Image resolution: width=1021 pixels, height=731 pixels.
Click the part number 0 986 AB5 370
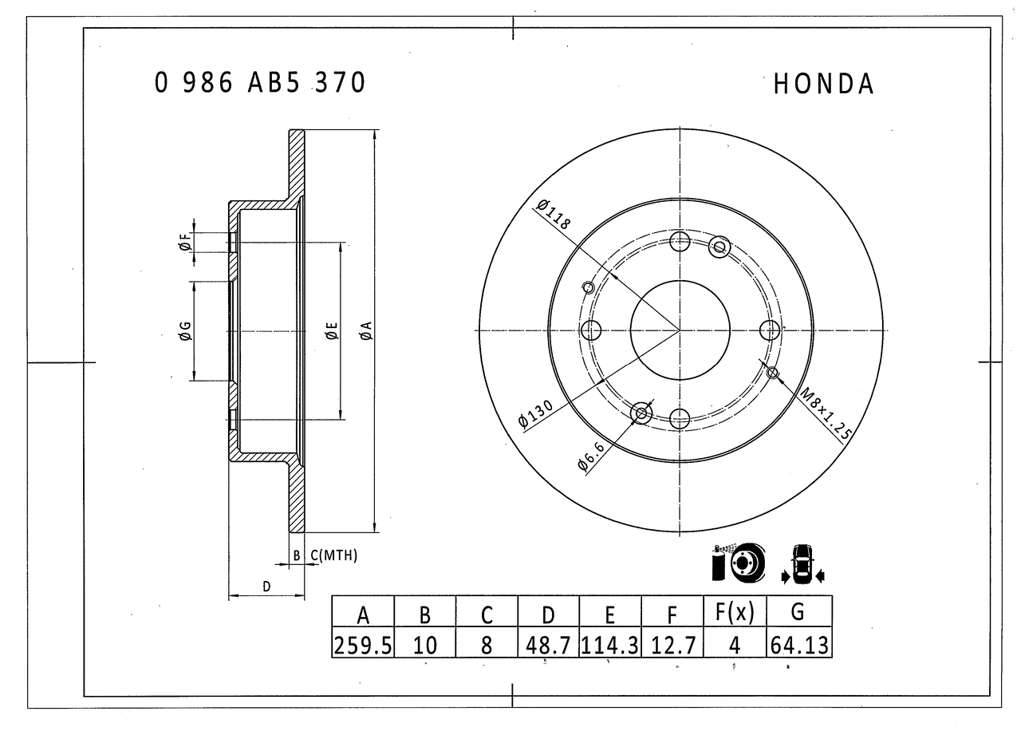[260, 82]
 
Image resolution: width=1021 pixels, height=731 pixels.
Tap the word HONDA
[823, 84]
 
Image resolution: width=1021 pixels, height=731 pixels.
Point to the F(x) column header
[735, 613]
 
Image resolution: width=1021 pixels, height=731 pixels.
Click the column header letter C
[487, 614]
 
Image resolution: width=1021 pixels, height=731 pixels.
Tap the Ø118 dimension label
[554, 215]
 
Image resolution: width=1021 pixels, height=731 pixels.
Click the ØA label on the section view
[365, 330]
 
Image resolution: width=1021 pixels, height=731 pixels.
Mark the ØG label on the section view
[184, 330]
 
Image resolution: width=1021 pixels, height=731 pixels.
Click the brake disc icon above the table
[737, 563]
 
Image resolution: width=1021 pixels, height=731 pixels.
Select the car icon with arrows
[802, 563]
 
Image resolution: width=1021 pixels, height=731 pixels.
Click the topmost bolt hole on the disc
[680, 242]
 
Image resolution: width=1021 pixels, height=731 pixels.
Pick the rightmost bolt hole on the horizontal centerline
[770, 330]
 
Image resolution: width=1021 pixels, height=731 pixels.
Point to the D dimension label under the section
[267, 587]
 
